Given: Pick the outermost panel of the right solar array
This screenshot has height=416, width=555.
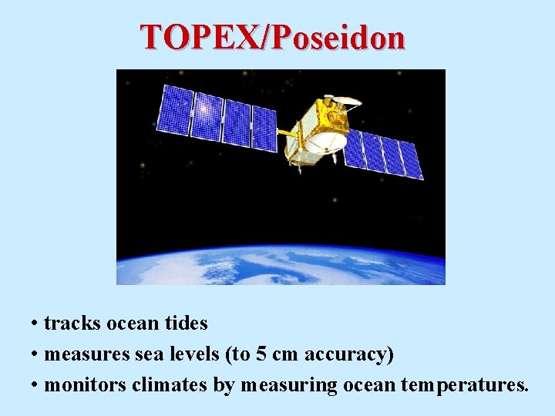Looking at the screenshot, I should [x=411, y=160].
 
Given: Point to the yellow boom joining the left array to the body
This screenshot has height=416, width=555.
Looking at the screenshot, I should [x=287, y=134].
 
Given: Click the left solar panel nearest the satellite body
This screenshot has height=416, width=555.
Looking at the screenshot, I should [x=264, y=126].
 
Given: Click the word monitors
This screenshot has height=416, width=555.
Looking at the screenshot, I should [x=86, y=384].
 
